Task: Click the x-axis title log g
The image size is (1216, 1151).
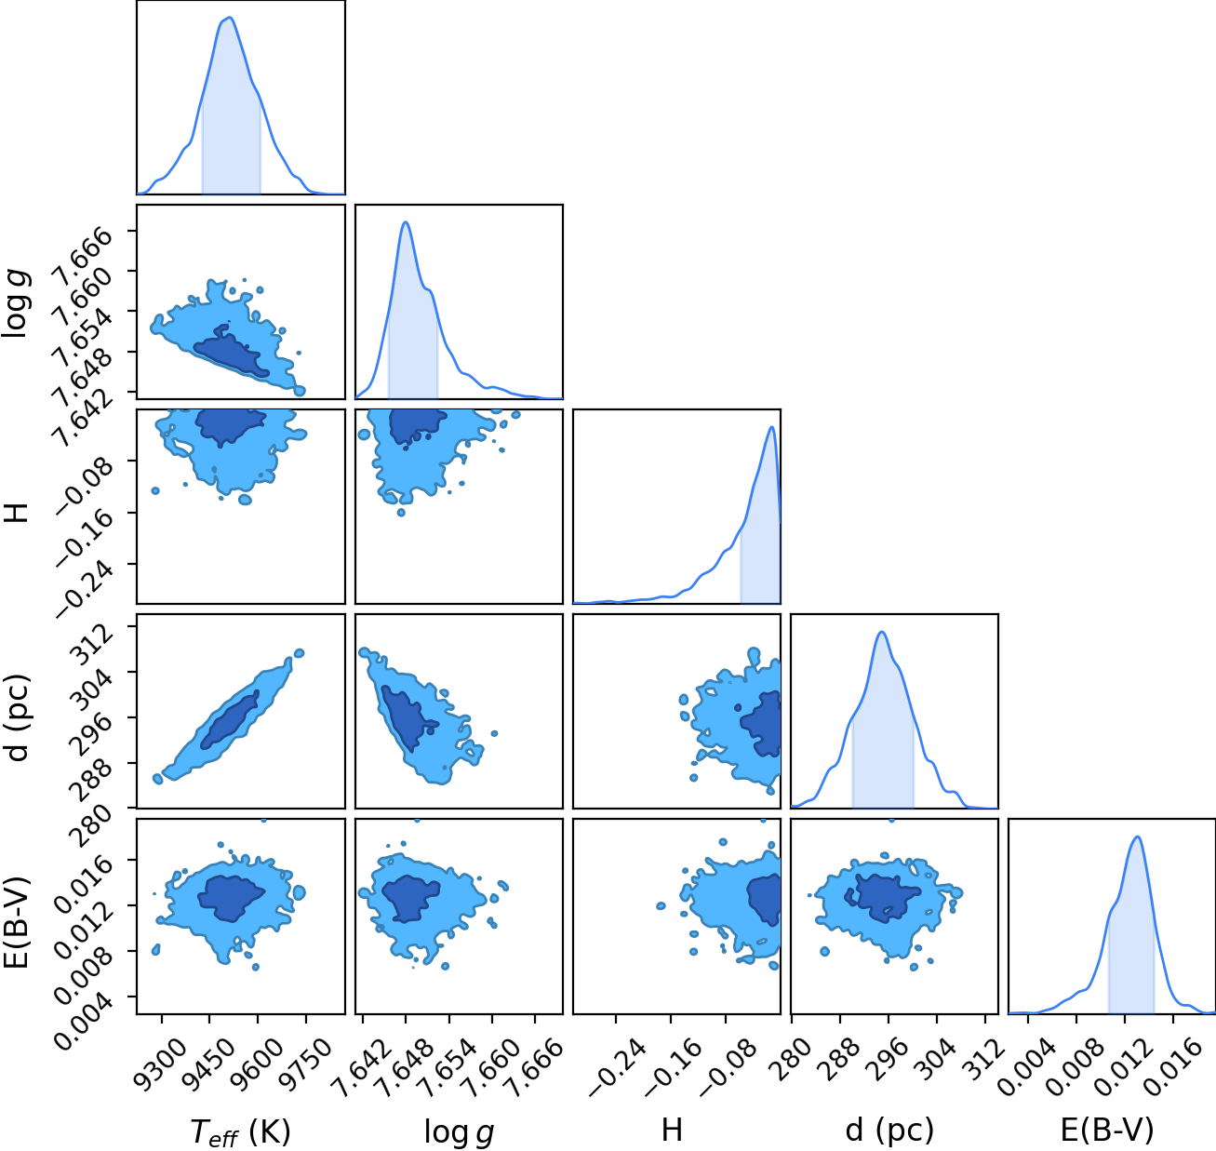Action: [x=459, y=1131]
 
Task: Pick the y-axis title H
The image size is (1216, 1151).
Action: [x=16, y=511]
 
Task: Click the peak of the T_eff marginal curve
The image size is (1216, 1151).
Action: [x=229, y=18]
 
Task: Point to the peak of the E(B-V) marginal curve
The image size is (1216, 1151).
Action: [x=1137, y=836]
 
